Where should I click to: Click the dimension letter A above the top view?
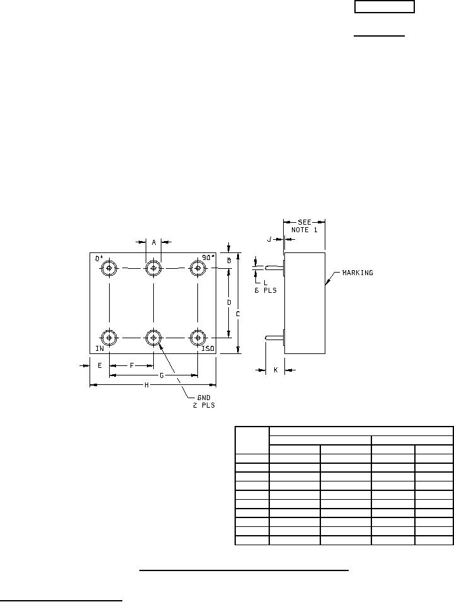coord(153,242)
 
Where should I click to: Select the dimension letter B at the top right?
coord(230,260)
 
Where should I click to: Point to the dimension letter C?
coord(238,313)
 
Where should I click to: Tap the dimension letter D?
coord(229,303)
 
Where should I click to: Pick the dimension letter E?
coord(100,365)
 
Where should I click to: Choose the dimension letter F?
coord(132,365)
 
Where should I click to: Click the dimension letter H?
coord(147,384)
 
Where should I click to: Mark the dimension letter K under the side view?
coord(276,370)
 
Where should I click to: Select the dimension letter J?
coord(269,239)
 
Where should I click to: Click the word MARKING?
coord(358,273)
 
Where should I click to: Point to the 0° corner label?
coord(98,259)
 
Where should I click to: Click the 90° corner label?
coord(209,257)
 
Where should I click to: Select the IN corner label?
coord(100,348)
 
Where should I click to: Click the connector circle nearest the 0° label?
coord(110,268)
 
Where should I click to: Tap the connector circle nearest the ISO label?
coord(198,338)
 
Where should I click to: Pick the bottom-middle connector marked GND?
coord(153,338)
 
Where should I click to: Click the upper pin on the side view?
coord(272,268)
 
